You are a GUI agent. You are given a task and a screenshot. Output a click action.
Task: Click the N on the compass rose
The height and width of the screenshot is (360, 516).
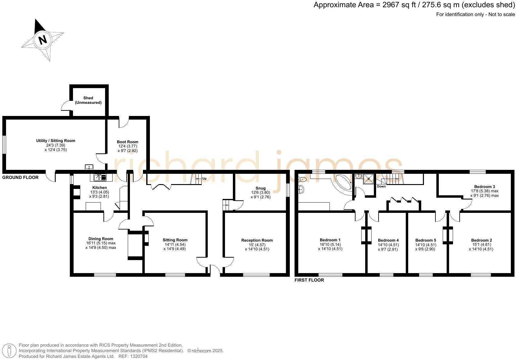(43, 40)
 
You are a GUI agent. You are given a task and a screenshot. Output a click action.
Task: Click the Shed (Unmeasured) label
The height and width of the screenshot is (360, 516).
(88, 100)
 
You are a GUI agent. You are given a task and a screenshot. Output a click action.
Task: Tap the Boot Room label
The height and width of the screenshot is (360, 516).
(127, 142)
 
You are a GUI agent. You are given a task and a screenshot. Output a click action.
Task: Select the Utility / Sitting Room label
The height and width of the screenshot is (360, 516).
(56, 140)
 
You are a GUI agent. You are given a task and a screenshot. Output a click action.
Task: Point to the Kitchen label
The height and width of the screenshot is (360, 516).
(99, 188)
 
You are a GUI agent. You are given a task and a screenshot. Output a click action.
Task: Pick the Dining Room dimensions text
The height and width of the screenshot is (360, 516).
(101, 245)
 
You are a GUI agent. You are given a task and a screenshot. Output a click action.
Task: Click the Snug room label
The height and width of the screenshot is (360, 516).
(260, 188)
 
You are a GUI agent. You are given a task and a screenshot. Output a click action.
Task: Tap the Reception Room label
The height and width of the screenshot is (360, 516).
(257, 240)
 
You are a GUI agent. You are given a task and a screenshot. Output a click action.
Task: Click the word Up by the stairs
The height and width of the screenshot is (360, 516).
(204, 179)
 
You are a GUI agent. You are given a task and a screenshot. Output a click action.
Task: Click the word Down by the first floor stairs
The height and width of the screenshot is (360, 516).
(381, 187)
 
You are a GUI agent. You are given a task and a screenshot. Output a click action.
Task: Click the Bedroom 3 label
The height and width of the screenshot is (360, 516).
(485, 187)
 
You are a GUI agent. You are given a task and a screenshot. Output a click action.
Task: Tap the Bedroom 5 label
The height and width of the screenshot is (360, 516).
(425, 240)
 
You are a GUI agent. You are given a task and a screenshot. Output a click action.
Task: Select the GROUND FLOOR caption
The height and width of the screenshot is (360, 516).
(20, 177)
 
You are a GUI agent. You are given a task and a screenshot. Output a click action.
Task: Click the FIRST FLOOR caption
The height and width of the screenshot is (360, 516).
(309, 280)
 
